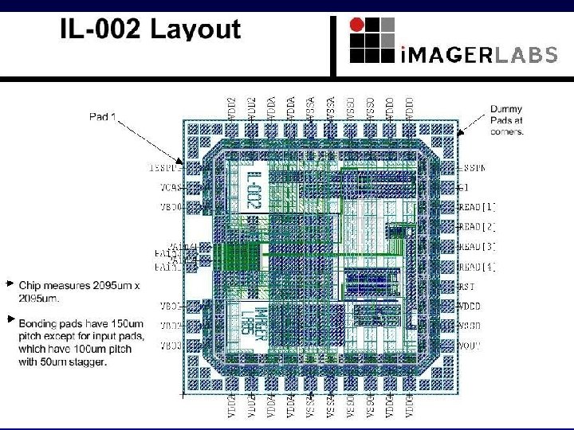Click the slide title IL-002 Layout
150,30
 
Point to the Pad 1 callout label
103,117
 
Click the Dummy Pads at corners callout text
506,120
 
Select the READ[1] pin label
478,207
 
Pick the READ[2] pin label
478,227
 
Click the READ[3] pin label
478,247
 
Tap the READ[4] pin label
478,267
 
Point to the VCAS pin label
171,188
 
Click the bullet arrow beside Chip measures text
10,283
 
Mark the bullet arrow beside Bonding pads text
10,319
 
